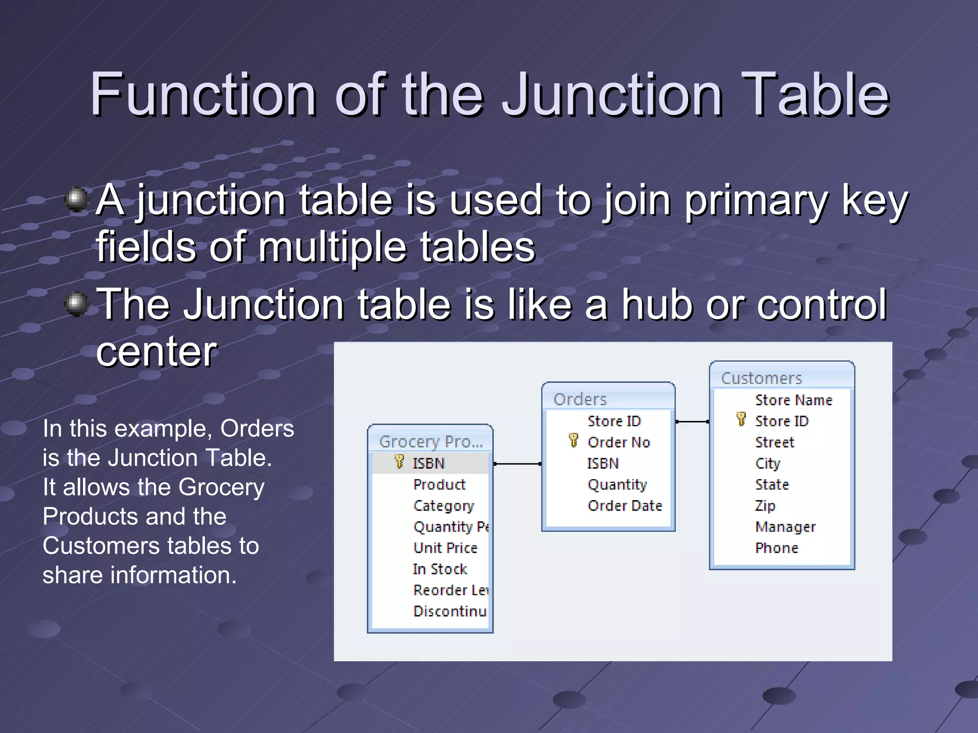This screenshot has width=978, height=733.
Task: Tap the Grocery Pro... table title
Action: coord(430,441)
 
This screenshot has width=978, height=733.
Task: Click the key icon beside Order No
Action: coord(574,440)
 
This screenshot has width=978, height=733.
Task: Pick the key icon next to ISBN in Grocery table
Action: coord(399,461)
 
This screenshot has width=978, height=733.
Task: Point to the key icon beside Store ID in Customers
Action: coord(741,419)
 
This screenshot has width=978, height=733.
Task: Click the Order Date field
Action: coord(625,505)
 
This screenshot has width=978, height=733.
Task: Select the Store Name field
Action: coord(793,400)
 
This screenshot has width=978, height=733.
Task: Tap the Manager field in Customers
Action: coord(785,527)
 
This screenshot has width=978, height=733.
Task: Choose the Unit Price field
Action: coord(445,548)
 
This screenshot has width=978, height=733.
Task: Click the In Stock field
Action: coord(440,569)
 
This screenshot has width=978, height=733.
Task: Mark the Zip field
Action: coord(765,505)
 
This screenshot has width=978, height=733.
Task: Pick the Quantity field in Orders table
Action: coord(617,484)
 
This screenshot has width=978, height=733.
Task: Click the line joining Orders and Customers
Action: coord(692,422)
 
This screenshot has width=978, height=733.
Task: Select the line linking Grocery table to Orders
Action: coord(517,464)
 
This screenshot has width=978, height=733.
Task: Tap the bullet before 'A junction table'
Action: coord(76,199)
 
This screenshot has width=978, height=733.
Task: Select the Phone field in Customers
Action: coord(776,548)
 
